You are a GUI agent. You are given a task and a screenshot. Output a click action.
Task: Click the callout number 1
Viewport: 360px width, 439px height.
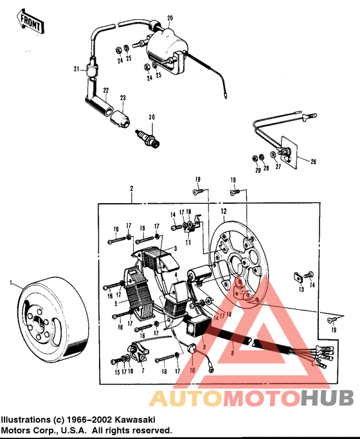[x=11, y=282]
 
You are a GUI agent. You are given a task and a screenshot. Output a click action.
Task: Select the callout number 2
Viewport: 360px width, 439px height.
[x=131, y=189]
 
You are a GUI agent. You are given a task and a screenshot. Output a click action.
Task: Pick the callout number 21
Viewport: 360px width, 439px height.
[x=76, y=69]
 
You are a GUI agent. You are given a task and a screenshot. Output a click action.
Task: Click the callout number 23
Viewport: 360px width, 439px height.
[x=123, y=97]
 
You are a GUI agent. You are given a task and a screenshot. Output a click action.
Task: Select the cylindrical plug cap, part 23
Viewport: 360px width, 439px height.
[x=120, y=116]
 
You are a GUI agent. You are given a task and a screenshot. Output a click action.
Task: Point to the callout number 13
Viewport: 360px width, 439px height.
[x=300, y=289]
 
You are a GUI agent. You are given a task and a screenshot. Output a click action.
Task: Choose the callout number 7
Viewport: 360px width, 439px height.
[x=142, y=372]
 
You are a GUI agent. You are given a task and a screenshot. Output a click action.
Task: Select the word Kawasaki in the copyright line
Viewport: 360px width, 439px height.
[x=146, y=418]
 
